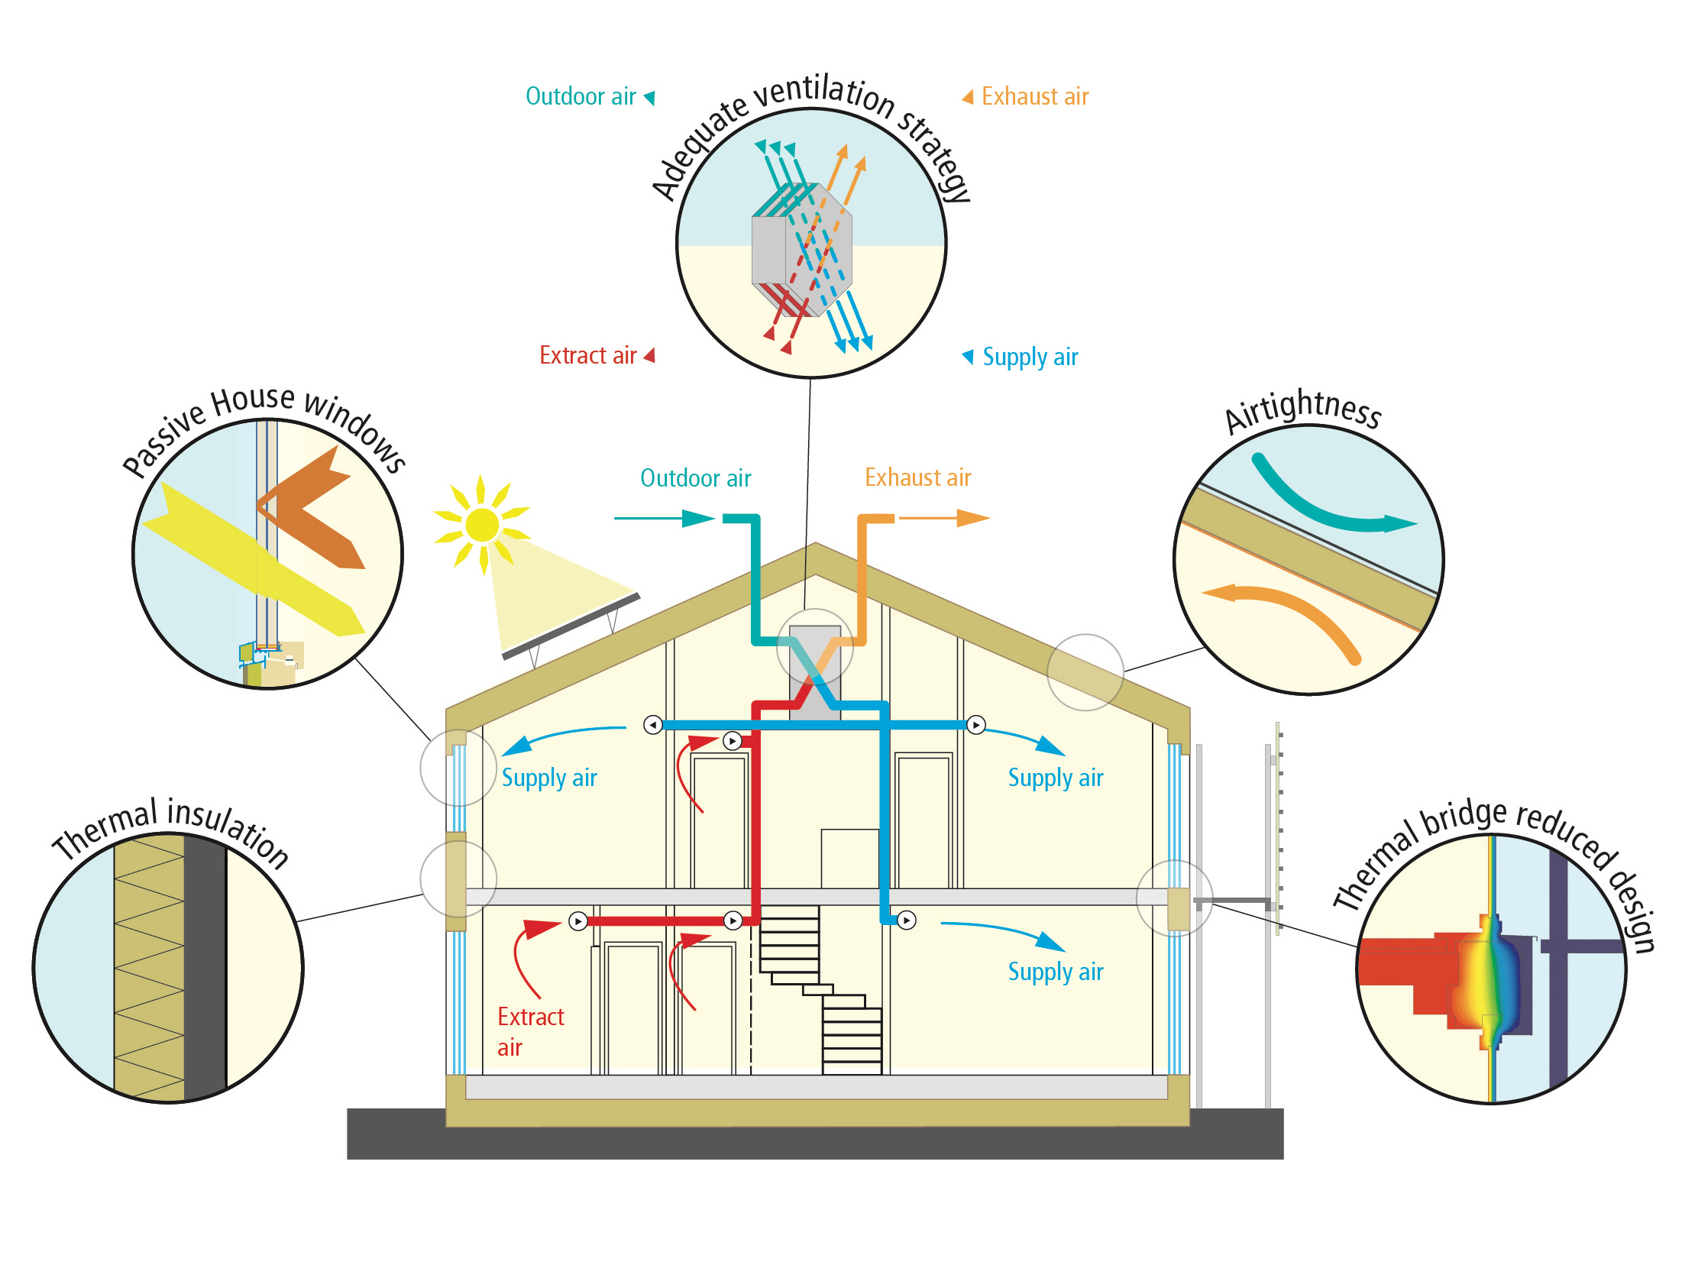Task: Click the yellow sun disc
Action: pos(481,525)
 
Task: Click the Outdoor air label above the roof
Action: pos(695,478)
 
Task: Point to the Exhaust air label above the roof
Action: pos(917,477)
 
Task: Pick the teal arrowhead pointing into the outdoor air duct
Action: pos(697,519)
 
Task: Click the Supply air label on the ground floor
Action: pos(1055,972)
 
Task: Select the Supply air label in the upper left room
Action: pos(548,778)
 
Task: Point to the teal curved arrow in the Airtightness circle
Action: pos(1329,508)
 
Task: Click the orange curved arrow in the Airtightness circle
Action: pos(1291,611)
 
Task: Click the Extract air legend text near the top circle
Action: pos(587,355)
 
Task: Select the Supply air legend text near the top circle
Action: pos(1030,357)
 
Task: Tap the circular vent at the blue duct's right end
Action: pos(976,724)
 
